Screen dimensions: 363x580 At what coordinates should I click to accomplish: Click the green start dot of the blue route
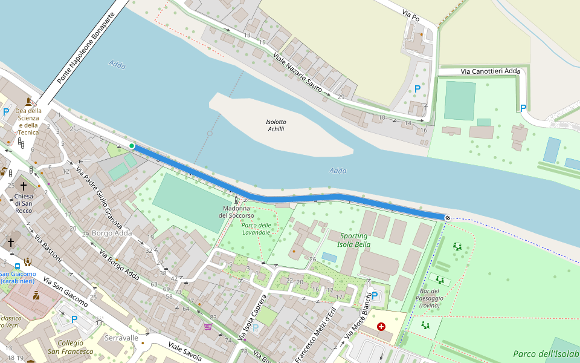pos(132,146)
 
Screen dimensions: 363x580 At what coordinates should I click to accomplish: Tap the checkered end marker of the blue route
pos(448,218)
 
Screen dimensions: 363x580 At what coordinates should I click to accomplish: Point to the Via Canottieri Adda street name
pos(490,71)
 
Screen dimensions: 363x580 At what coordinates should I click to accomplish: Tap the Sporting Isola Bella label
pos(353,240)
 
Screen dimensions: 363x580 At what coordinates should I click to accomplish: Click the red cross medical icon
pos(381,327)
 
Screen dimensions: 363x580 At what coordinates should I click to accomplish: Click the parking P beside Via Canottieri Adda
pos(523,108)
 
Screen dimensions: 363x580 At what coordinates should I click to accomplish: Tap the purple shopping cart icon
pos(208,327)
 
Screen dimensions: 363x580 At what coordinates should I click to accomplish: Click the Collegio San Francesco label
pos(70,347)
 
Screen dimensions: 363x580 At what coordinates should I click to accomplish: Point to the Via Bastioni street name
pos(48,248)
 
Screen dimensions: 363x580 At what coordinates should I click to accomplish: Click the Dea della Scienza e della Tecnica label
pos(28,121)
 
